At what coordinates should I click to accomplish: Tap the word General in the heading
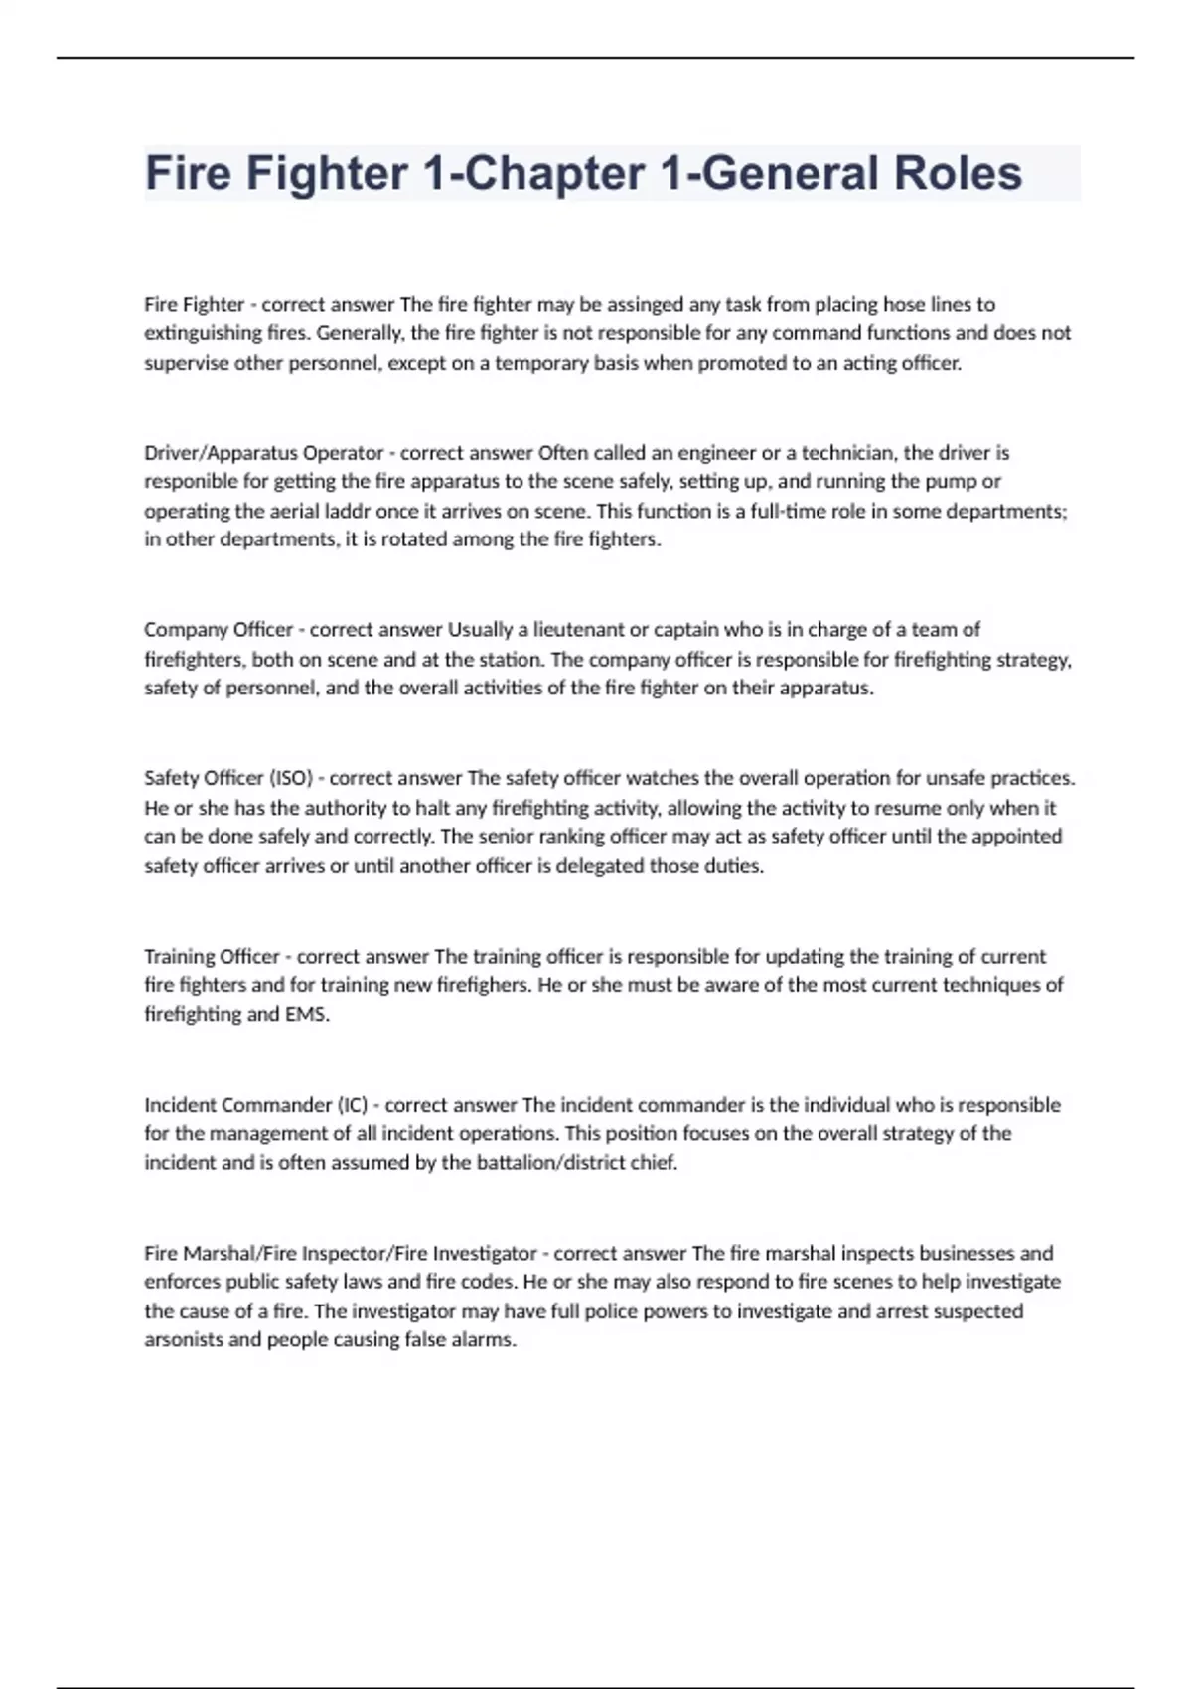click(791, 173)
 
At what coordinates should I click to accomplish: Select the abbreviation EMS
click(307, 1014)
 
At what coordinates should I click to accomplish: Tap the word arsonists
click(184, 1340)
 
